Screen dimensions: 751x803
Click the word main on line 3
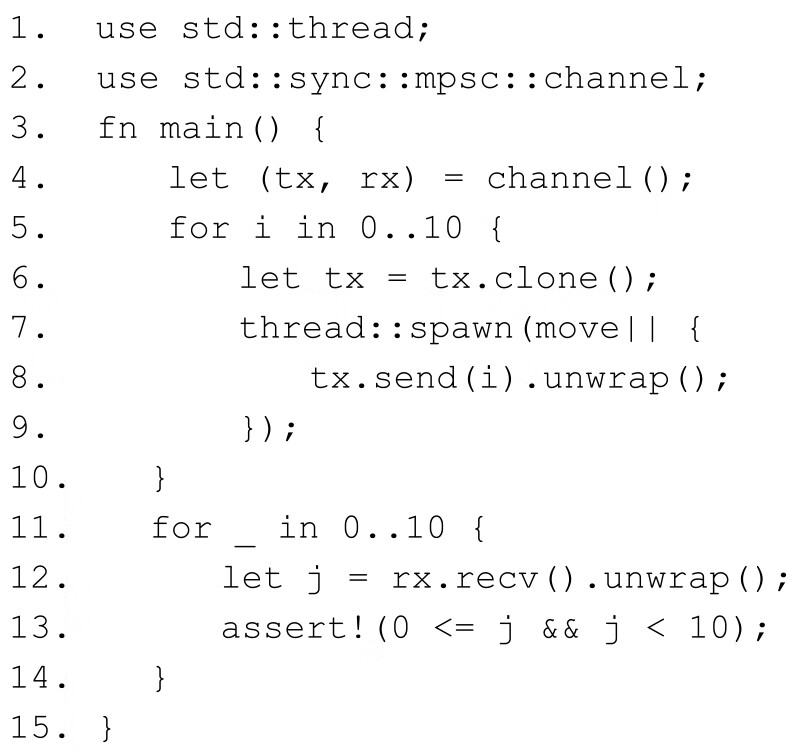pyautogui.click(x=194, y=129)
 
